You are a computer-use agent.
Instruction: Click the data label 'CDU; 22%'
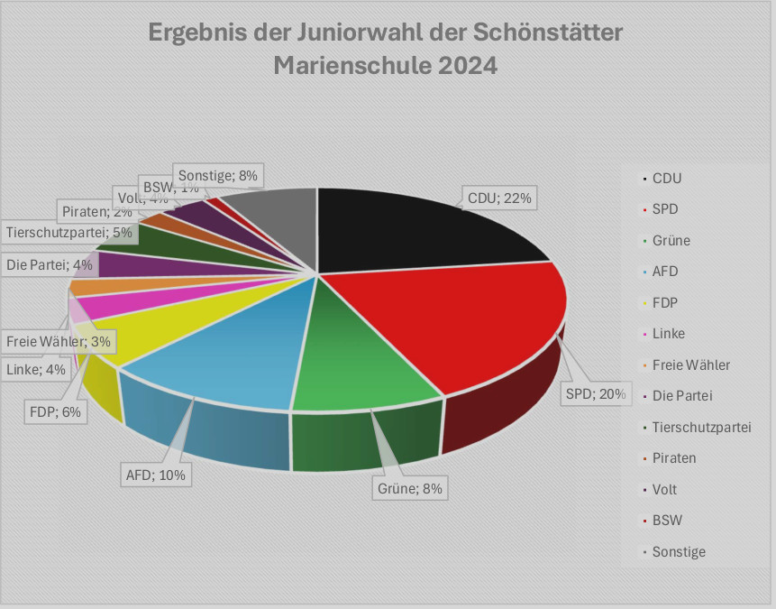500,198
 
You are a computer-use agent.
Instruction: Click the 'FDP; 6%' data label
54,412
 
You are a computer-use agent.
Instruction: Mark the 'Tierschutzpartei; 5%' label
68,233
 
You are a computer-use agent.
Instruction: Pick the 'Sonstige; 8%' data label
219,176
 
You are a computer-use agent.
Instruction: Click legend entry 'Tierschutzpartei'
700,427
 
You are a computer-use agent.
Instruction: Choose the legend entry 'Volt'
664,489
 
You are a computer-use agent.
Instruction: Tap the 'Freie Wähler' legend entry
690,364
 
